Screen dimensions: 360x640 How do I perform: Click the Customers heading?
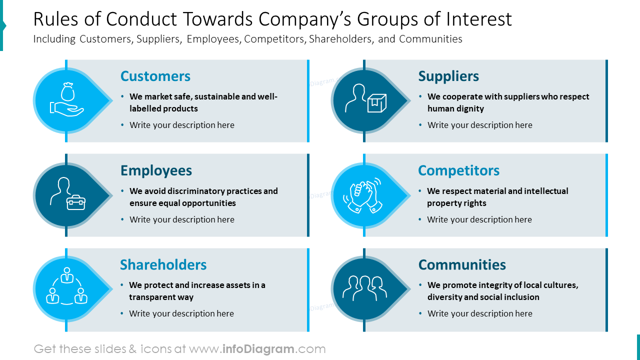click(x=155, y=76)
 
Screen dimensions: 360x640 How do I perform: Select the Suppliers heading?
click(x=448, y=76)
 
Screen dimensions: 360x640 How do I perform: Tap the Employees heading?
click(x=156, y=170)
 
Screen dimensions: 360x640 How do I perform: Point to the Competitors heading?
click(x=458, y=170)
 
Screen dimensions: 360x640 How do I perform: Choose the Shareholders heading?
click(x=163, y=264)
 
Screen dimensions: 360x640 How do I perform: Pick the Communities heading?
click(x=462, y=264)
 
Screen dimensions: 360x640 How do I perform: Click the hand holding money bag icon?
click(x=67, y=100)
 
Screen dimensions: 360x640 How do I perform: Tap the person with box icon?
click(x=365, y=99)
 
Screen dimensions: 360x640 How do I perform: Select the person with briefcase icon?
click(x=67, y=194)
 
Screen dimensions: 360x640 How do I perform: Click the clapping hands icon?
click(x=363, y=195)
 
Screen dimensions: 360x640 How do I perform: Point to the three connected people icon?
click(x=66, y=288)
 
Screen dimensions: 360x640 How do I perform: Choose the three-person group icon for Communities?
click(x=364, y=288)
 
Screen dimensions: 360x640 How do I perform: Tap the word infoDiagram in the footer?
click(x=257, y=349)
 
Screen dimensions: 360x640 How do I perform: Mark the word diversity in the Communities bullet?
click(x=444, y=297)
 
